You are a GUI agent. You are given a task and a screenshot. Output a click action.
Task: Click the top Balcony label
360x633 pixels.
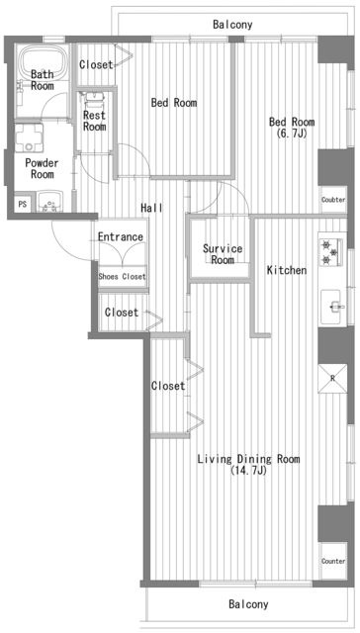coord(232,25)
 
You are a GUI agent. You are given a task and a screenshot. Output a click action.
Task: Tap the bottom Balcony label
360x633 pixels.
coord(248,604)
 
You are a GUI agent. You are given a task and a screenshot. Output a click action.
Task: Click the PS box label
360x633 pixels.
coord(23,205)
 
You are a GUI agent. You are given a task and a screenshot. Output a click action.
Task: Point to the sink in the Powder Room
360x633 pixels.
coord(50,201)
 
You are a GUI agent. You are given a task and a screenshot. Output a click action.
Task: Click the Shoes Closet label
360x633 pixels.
coord(123,277)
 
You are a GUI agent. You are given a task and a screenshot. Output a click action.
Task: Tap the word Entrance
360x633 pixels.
coord(121,236)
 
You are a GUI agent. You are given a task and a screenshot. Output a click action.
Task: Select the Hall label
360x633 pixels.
coord(151,208)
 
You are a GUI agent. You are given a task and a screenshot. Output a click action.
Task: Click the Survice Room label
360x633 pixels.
coord(223,254)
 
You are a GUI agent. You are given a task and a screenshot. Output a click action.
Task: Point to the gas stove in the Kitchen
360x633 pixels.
coord(331,252)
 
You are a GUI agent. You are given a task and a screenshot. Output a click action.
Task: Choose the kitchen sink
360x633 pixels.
coord(332,308)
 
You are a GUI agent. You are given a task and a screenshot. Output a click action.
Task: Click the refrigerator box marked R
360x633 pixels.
coord(332,379)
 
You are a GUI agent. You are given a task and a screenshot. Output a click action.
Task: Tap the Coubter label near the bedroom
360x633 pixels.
coord(333,200)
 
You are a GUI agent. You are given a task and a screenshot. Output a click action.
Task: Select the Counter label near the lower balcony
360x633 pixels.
coord(333,561)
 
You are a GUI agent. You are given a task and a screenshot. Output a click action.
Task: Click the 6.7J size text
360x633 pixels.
coord(292,134)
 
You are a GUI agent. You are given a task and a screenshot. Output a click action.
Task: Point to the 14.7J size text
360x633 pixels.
coord(248,471)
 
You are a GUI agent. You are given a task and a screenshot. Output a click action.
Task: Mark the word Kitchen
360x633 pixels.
coord(287,270)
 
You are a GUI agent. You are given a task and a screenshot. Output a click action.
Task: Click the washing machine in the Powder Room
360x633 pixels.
coord(29,138)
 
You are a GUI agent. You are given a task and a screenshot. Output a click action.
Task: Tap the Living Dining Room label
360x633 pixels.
coord(248,459)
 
